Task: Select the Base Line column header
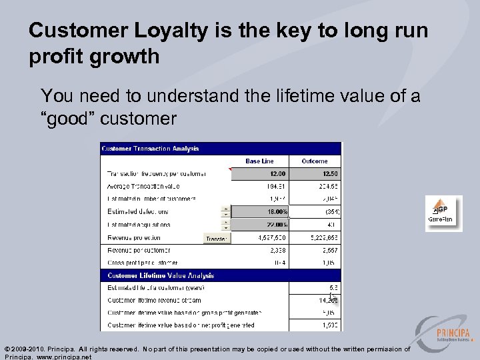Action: pos(260,161)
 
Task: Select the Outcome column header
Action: pos(314,161)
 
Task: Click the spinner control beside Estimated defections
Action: pos(225,212)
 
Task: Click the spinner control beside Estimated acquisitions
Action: pos(225,225)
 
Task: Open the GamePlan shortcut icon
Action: pos(444,213)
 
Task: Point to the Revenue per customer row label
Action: pos(139,250)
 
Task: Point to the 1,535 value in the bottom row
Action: pos(329,325)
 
